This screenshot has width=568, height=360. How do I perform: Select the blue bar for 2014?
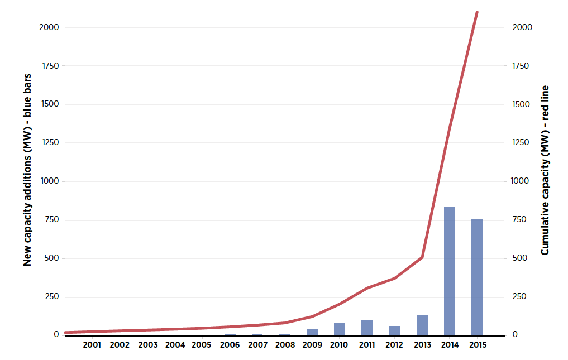[449, 271]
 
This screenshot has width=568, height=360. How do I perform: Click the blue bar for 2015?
[476, 277]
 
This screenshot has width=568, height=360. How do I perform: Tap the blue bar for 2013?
[422, 325]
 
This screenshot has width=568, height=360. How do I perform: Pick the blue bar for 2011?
[366, 328]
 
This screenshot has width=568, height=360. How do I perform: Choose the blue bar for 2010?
[339, 329]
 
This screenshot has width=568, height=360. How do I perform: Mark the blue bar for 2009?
[312, 332]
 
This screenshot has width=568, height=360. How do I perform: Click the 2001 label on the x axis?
[92, 345]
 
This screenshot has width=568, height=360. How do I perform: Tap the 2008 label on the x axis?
[284, 345]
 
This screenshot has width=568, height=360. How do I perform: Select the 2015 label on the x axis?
[477, 345]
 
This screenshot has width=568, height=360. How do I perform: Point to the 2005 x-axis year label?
[202, 345]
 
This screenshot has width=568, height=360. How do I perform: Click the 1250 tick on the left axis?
[50, 143]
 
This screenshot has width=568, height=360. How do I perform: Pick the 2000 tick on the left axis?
[49, 27]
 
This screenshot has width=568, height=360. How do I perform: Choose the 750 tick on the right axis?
[520, 220]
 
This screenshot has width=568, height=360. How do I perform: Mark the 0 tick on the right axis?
[515, 335]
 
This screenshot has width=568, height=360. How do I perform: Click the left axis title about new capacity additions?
[27, 170]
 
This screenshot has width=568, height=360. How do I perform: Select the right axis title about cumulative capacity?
[545, 170]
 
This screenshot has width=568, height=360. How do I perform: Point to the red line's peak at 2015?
[477, 12]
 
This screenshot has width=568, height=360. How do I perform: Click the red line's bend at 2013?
[422, 257]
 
